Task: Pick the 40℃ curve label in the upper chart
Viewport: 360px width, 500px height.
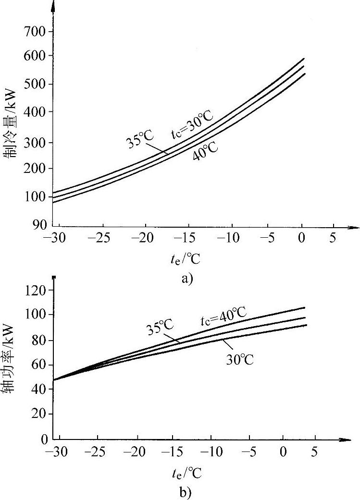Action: [205, 151]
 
